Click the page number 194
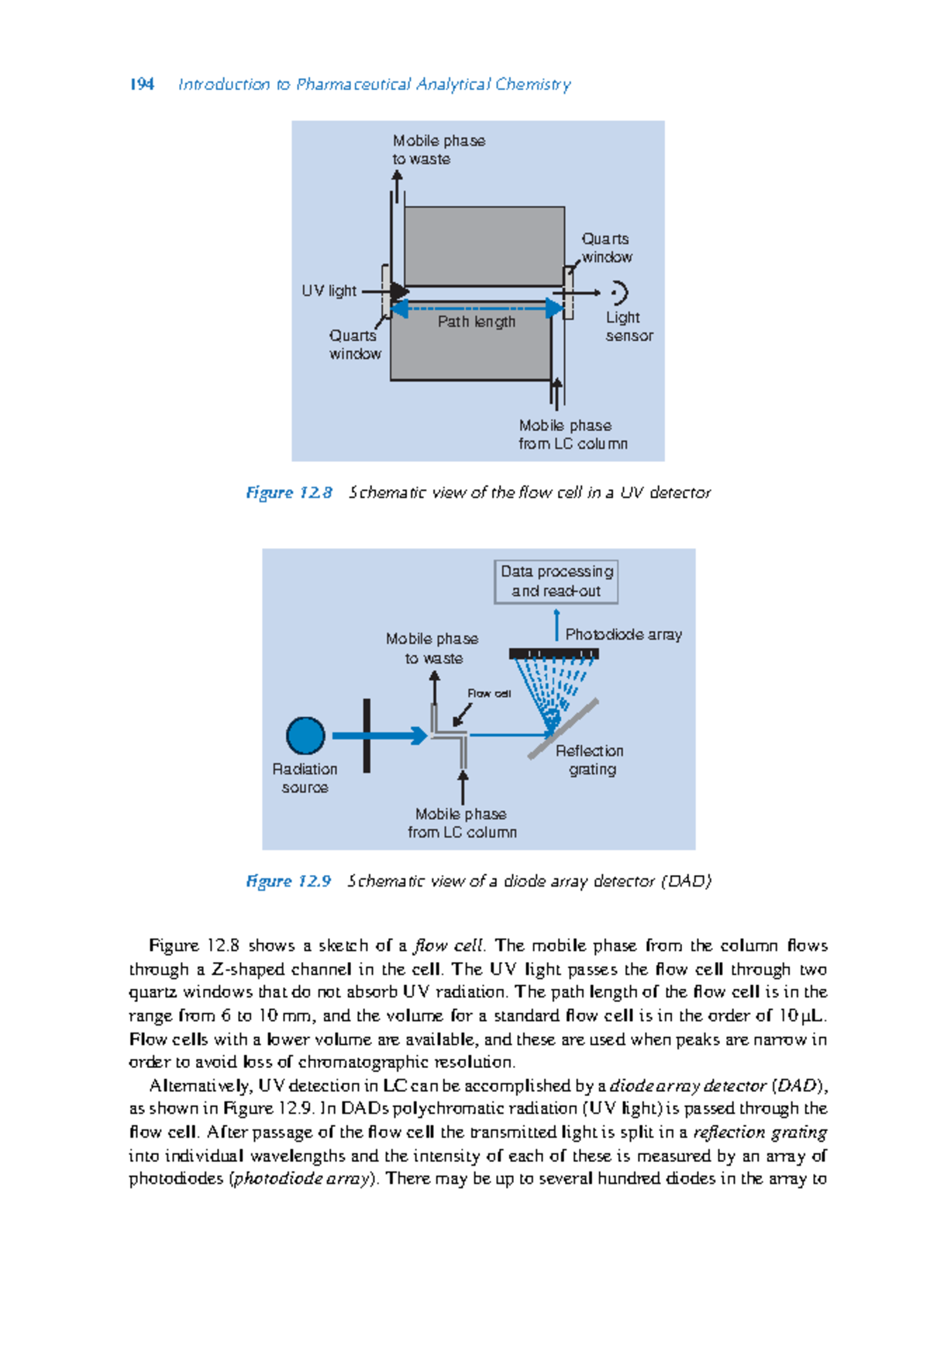[142, 84]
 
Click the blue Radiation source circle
[305, 736]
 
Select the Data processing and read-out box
[556, 581]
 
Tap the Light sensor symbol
[618, 293]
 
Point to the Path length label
[476, 322]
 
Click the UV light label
[329, 291]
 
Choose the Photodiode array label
[623, 634]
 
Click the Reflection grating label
[590, 760]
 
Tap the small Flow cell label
[488, 693]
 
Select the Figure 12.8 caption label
[288, 493]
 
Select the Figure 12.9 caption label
[288, 881]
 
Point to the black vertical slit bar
[367, 736]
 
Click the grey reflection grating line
[564, 729]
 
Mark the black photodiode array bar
[553, 653]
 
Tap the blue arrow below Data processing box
[556, 625]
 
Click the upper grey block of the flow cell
[484, 246]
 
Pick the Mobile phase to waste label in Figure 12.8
[438, 150]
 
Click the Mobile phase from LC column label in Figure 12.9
[462, 822]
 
